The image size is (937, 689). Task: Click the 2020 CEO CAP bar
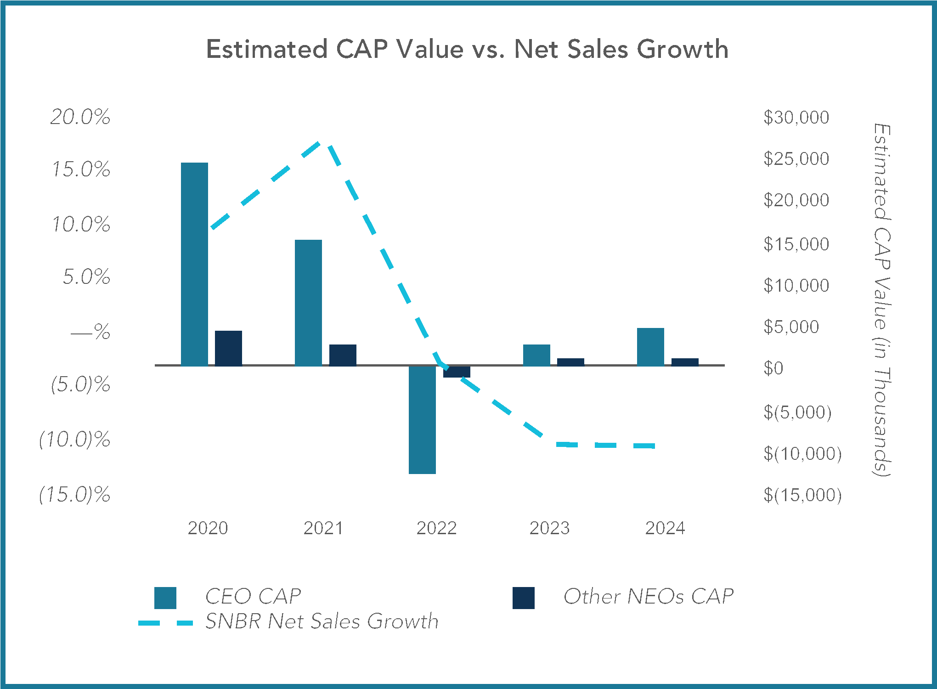[x=194, y=264]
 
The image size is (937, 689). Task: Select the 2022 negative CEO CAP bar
[x=422, y=420]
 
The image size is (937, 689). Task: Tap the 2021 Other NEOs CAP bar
[x=343, y=355]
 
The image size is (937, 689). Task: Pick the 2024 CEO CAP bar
[x=650, y=347]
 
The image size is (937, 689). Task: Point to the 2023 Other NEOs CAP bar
[x=570, y=362]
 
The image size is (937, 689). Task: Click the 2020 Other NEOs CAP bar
[x=228, y=348]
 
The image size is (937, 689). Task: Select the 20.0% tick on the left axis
[x=80, y=117]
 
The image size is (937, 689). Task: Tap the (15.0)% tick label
[x=75, y=495]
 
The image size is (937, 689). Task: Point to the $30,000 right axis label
[x=796, y=118]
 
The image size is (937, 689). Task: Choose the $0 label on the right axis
[x=773, y=368]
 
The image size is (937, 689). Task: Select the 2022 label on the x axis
[x=436, y=528]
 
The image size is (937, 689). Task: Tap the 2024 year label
[x=665, y=528]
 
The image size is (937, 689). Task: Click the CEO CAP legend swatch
[x=165, y=598]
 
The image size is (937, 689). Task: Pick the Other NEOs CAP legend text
[x=648, y=597]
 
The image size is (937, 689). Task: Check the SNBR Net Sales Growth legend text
[x=322, y=621]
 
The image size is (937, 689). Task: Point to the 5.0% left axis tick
[x=86, y=277]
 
